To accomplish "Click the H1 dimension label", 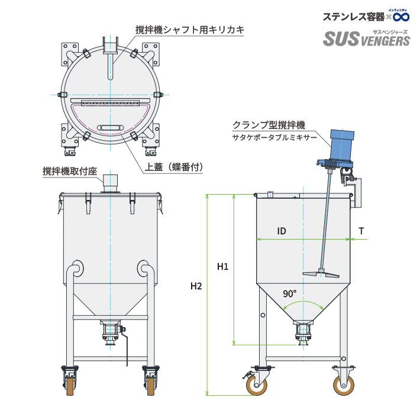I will coord(222,267).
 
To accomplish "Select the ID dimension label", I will coord(282,231).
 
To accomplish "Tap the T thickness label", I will coord(361,231).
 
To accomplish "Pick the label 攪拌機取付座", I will coord(69,171).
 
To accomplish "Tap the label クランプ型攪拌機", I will coord(269,125).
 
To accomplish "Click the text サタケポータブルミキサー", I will coord(274,138).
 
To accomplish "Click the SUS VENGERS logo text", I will coord(366,40).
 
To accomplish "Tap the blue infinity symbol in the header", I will coord(401,16).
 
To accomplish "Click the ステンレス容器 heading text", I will coord(353,17).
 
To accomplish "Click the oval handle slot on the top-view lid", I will coord(111,127).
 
